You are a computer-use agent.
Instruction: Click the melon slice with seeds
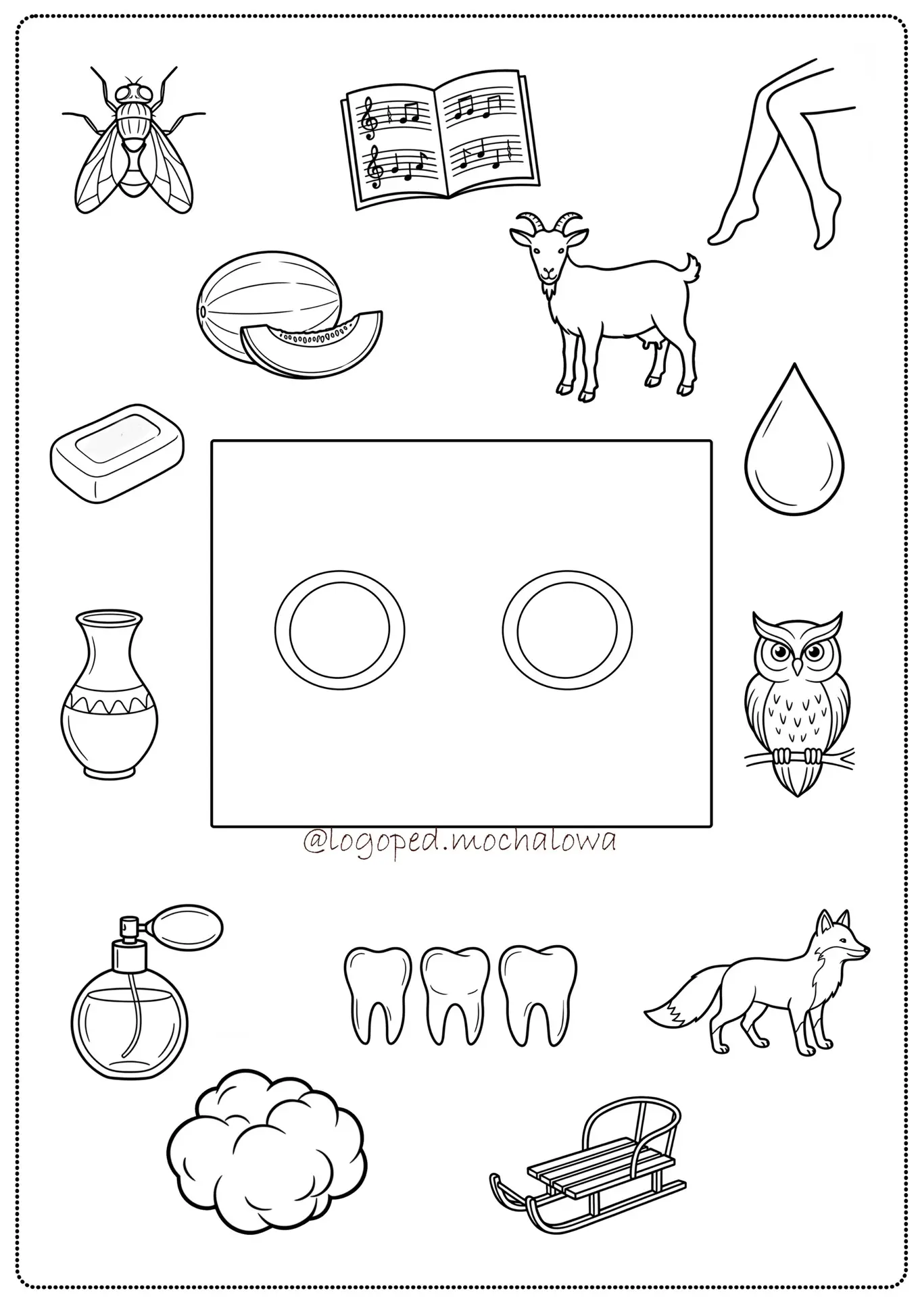pos(312,343)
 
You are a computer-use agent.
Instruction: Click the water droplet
pos(794,450)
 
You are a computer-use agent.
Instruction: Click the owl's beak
pos(798,668)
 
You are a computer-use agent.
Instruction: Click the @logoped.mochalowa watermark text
pos(460,842)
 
